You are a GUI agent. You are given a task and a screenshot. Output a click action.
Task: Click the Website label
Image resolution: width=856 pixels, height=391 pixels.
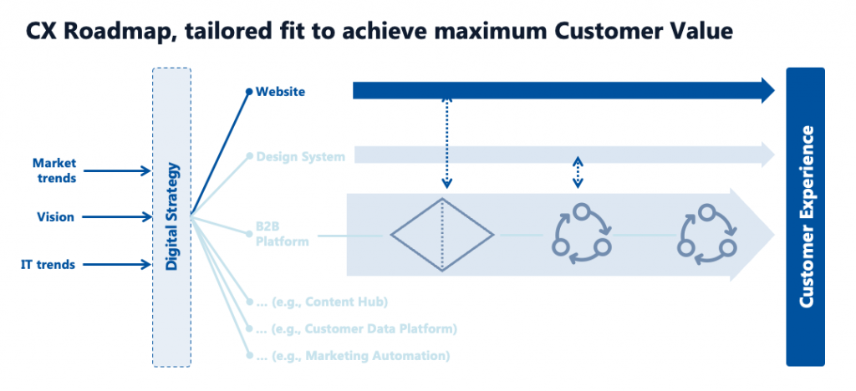click(280, 92)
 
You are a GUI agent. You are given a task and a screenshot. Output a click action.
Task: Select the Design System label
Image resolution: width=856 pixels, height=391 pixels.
click(300, 157)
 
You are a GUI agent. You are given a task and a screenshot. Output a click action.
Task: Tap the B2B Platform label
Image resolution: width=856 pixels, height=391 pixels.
click(283, 233)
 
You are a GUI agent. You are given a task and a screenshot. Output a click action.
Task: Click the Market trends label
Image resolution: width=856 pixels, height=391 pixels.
click(54, 170)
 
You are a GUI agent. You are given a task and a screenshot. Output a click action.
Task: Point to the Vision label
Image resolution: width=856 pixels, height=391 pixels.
click(56, 217)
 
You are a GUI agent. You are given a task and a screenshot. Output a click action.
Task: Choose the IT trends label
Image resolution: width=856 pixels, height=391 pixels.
click(48, 265)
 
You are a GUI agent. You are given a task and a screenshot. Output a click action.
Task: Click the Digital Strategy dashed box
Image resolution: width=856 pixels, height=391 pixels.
click(171, 217)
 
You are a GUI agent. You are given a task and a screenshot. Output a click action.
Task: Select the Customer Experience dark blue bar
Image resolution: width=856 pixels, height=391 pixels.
click(805, 216)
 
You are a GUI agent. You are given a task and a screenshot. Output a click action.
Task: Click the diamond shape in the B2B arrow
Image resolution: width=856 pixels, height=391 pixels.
click(442, 235)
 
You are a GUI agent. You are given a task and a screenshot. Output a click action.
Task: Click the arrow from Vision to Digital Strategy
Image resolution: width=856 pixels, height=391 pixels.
click(118, 217)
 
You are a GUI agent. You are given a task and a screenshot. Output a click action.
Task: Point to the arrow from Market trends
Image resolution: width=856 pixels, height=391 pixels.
click(118, 171)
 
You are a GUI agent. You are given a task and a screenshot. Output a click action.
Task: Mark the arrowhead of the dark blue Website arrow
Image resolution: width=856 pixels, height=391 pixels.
click(768, 90)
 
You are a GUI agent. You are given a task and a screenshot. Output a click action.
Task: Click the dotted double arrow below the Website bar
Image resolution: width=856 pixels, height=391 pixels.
click(446, 144)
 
